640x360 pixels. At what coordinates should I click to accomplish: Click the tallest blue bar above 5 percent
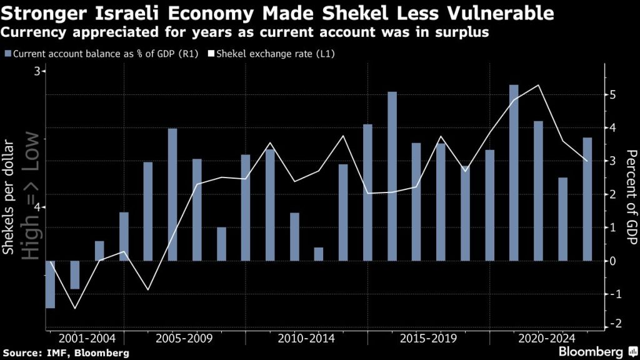(x=514, y=172)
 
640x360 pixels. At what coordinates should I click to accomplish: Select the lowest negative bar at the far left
(x=50, y=284)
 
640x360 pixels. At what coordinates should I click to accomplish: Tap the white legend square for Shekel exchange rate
(x=211, y=54)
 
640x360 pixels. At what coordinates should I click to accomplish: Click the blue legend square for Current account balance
(x=7, y=54)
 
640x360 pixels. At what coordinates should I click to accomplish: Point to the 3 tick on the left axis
(x=37, y=71)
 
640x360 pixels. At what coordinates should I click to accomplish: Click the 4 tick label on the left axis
(x=37, y=207)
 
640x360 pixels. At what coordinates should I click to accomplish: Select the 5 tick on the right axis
(x=612, y=95)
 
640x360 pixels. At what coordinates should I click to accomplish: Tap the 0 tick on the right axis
(x=612, y=261)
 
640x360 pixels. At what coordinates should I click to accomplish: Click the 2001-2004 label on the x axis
(x=87, y=338)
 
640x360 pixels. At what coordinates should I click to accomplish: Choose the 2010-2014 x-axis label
(x=306, y=338)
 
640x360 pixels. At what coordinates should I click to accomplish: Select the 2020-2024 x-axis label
(x=546, y=338)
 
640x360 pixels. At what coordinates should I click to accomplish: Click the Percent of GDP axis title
(x=631, y=197)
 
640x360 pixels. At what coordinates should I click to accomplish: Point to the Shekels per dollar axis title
(x=8, y=197)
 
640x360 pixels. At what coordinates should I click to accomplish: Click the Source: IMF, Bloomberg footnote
(x=66, y=352)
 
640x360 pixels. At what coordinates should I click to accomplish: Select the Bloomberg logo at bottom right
(x=597, y=351)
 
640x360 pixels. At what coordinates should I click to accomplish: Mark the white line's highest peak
(x=538, y=85)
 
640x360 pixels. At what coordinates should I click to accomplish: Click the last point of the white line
(x=587, y=161)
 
